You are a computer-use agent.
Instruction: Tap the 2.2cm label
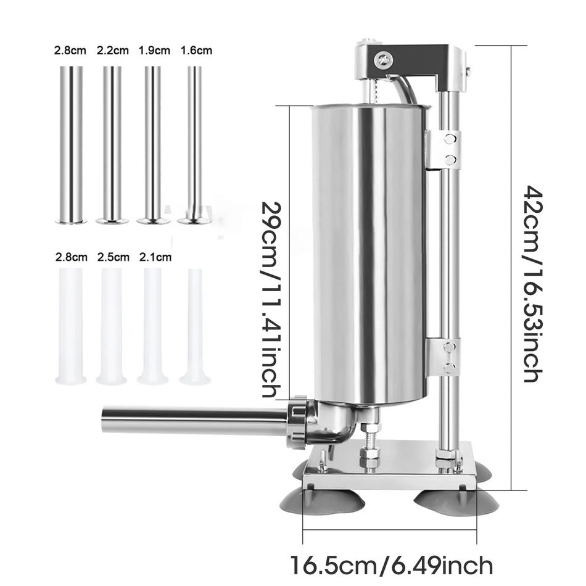[112, 51]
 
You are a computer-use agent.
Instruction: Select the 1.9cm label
[154, 51]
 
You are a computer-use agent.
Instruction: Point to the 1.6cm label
[196, 51]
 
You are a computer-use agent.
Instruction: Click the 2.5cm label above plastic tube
[113, 257]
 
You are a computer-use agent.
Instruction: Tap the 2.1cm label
[154, 257]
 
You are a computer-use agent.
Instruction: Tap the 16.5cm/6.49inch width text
[391, 564]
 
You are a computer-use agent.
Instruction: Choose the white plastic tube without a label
[195, 327]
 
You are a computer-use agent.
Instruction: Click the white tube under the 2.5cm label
[112, 327]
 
